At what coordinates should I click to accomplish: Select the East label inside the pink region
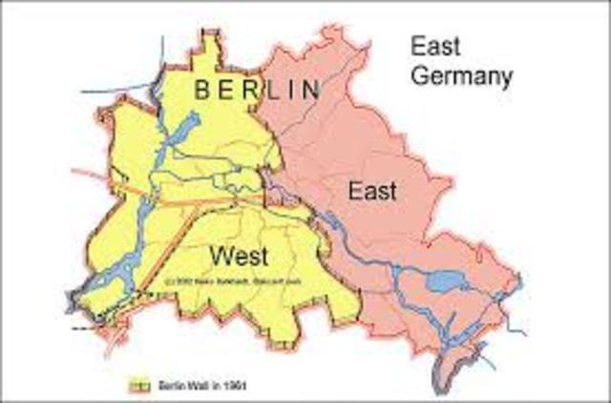tap(371, 191)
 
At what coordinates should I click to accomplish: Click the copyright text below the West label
tap(213, 282)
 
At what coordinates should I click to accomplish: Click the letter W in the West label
tap(219, 255)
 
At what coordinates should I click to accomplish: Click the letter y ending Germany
tap(505, 76)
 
